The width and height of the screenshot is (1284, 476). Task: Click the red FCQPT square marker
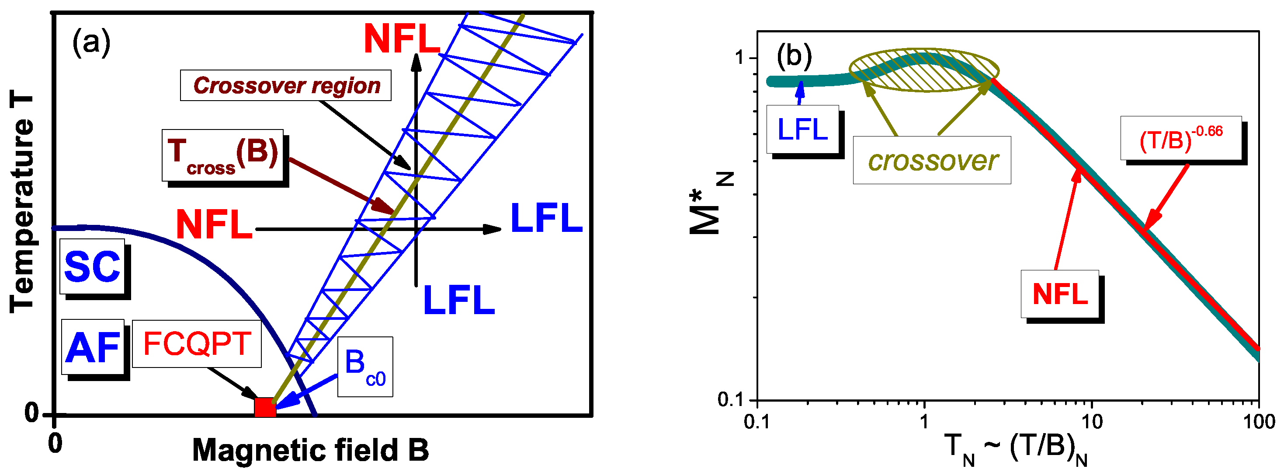click(x=265, y=407)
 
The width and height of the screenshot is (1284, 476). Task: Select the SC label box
click(x=92, y=266)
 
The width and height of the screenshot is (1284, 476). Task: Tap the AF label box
click(x=93, y=347)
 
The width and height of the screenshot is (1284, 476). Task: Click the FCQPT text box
click(x=197, y=344)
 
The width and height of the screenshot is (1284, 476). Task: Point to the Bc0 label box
click(x=365, y=367)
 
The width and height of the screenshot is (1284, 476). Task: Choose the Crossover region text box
click(x=286, y=85)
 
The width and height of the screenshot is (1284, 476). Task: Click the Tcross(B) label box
click(x=223, y=155)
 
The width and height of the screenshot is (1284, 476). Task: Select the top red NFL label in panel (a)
click(x=402, y=38)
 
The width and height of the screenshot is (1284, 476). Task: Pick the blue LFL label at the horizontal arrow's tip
click(x=546, y=219)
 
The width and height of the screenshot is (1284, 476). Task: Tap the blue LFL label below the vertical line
click(x=458, y=301)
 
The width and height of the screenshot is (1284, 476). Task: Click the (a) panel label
click(x=91, y=42)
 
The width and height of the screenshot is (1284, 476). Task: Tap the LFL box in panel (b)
click(x=802, y=129)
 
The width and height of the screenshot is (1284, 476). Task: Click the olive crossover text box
click(x=932, y=160)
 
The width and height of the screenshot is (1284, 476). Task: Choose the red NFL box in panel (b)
click(x=1059, y=294)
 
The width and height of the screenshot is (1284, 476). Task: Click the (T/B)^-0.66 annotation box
click(x=1180, y=138)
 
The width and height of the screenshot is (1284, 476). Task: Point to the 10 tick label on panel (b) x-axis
click(x=1092, y=422)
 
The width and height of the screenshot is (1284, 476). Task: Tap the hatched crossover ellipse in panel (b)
click(x=923, y=70)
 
